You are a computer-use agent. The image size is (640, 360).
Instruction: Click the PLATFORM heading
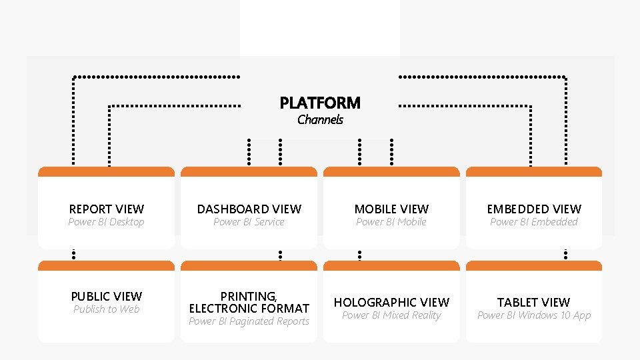[x=320, y=103]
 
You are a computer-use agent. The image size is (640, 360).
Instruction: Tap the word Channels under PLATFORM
[x=320, y=120]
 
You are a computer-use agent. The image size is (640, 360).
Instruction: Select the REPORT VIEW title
[x=107, y=209]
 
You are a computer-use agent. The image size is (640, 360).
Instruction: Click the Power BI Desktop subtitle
[x=106, y=222]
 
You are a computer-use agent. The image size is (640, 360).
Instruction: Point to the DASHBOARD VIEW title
[x=249, y=209]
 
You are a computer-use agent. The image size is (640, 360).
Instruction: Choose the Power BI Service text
[x=249, y=222]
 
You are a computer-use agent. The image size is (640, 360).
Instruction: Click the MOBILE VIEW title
[x=391, y=209]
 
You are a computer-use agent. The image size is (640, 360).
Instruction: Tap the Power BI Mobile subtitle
[x=391, y=222]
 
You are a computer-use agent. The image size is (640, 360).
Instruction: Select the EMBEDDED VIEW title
[x=534, y=209]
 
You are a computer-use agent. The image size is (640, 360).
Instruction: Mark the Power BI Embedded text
[x=534, y=222]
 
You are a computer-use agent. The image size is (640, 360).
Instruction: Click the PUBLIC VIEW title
[x=107, y=296]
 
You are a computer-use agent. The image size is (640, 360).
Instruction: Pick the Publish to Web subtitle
[x=107, y=309]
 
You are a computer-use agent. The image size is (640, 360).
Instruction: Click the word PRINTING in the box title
[x=249, y=296]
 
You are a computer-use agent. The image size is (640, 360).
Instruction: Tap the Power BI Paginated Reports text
[x=249, y=321]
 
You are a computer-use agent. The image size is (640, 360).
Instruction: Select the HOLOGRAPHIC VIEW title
[x=391, y=303]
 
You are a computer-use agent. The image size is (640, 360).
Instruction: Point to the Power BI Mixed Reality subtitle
[x=391, y=315]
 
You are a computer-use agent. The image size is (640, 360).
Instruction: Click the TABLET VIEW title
[x=534, y=303]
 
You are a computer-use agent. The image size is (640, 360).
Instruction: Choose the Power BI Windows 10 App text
[x=534, y=315]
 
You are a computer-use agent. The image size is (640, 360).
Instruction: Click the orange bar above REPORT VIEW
[x=107, y=172]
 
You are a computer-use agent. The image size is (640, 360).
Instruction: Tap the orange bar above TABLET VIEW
[x=534, y=266]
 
